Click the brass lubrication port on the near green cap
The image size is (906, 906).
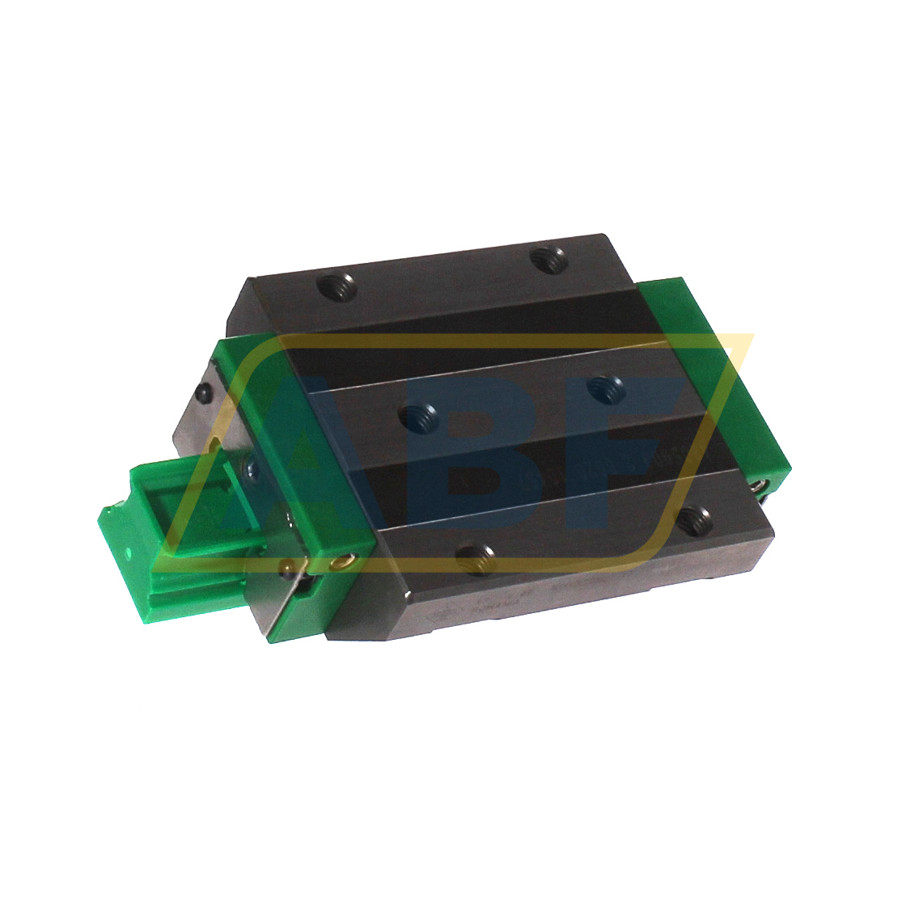tap(345, 558)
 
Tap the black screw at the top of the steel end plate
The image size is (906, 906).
tap(205, 393)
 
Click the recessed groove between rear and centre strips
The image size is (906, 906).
tap(453, 324)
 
